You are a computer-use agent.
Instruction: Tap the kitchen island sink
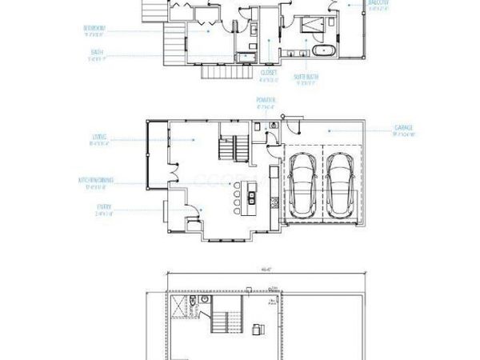253,195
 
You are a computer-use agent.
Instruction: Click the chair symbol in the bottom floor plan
258,328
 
